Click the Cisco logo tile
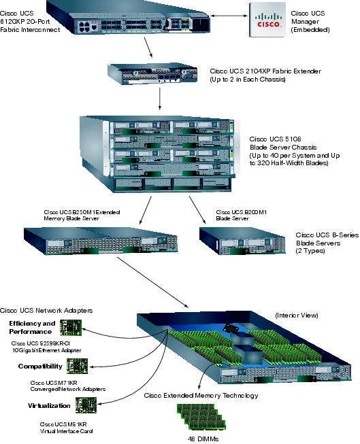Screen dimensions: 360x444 tap(267, 20)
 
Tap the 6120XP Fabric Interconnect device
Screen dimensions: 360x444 tap(127, 18)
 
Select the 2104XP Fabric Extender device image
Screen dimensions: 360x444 tap(152, 73)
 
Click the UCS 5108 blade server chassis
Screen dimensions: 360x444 tap(159, 154)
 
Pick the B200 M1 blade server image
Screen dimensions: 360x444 tap(243, 241)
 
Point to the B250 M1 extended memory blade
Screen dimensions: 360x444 tap(101, 241)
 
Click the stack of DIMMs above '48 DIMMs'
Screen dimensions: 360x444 tap(201, 416)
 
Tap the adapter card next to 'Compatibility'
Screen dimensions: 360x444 tap(77, 366)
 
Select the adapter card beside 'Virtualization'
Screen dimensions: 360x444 tap(86, 405)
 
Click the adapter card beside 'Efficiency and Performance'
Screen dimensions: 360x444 tap(71, 328)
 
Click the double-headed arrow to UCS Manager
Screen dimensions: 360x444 tap(229, 16)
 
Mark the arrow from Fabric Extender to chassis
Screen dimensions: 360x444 tap(160, 99)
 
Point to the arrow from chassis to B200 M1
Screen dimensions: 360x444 tap(197, 210)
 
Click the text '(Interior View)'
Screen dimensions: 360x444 tap(297, 315)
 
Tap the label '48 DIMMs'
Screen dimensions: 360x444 tap(203, 439)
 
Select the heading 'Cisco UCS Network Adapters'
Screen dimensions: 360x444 tap(46, 311)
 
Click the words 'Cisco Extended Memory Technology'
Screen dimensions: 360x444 tap(201, 396)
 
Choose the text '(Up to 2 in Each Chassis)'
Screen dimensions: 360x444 tap(248, 80)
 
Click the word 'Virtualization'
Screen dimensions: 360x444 tap(49, 406)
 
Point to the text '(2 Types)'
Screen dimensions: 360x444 tap(310, 251)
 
